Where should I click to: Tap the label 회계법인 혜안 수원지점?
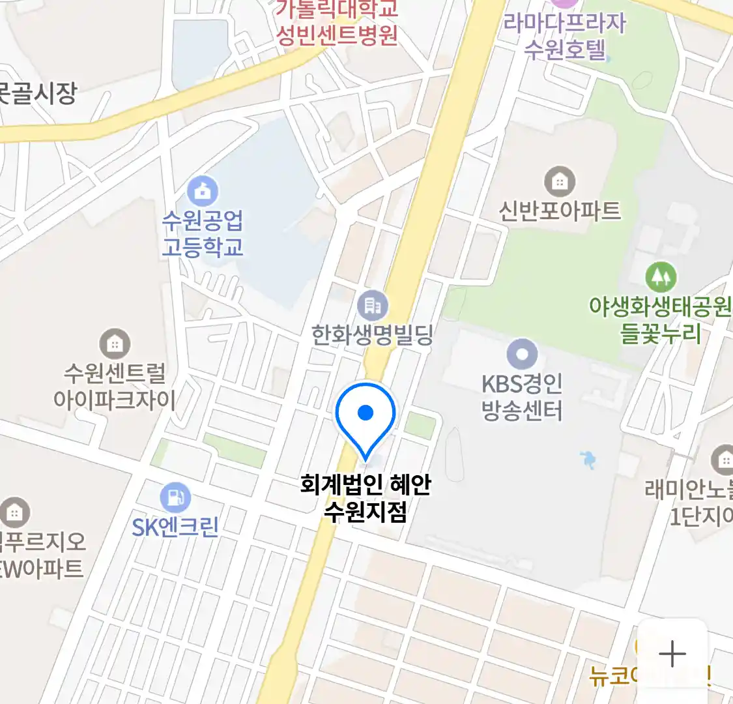366,498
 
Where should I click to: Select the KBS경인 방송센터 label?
522,396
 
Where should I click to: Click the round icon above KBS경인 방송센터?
522,355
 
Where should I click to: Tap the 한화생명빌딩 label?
372,335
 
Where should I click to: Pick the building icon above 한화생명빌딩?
373,305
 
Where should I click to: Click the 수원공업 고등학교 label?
203,233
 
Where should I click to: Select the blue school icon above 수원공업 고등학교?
203,192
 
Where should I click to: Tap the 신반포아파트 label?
560,211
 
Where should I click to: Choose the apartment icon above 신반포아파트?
559,182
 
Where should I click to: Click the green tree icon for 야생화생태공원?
661,278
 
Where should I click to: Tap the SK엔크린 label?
175,527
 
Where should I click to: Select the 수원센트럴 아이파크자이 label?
115,386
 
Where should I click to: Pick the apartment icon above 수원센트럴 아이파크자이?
115,344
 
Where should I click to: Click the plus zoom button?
672,654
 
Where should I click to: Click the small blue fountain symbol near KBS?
589,460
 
